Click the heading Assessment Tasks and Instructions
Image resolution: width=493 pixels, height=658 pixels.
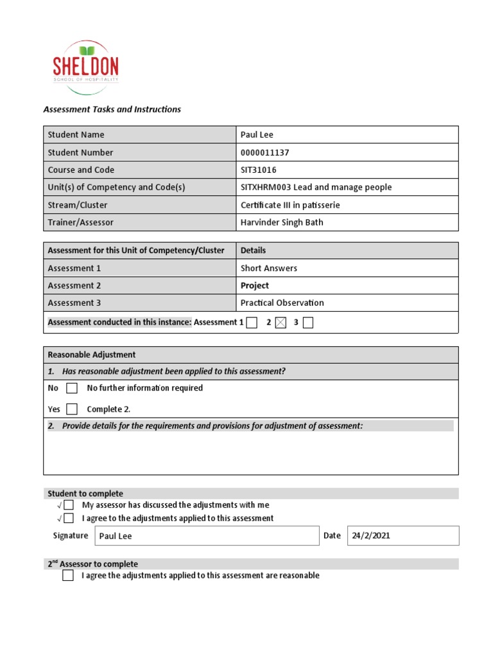click(x=112, y=109)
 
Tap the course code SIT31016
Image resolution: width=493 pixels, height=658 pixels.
click(x=258, y=170)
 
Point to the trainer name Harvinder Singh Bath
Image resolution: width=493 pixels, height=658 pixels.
click(x=282, y=222)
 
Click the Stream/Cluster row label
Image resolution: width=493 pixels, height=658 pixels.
click(x=78, y=205)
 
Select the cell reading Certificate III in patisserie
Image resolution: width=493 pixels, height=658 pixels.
click(x=290, y=205)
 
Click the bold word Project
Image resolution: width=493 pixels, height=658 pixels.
click(x=255, y=285)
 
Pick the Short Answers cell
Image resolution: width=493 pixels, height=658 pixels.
click(x=269, y=268)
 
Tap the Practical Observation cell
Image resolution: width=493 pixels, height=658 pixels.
click(x=282, y=303)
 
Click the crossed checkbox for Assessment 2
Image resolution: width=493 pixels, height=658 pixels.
click(x=280, y=323)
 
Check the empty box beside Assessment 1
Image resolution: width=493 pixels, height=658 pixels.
click(x=252, y=323)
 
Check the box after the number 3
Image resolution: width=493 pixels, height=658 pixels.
click(x=308, y=323)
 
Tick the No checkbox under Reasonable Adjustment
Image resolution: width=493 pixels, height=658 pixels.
click(x=72, y=388)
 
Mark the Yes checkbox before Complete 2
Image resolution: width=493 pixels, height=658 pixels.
click(x=72, y=409)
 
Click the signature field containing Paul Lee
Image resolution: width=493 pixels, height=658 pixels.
click(x=207, y=536)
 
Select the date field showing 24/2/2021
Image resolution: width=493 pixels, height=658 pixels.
click(x=402, y=536)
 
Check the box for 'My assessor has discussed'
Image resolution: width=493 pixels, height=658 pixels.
click(x=69, y=505)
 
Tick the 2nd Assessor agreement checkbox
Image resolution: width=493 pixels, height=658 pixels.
click(x=68, y=576)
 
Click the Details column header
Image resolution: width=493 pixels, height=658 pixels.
click(x=253, y=251)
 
